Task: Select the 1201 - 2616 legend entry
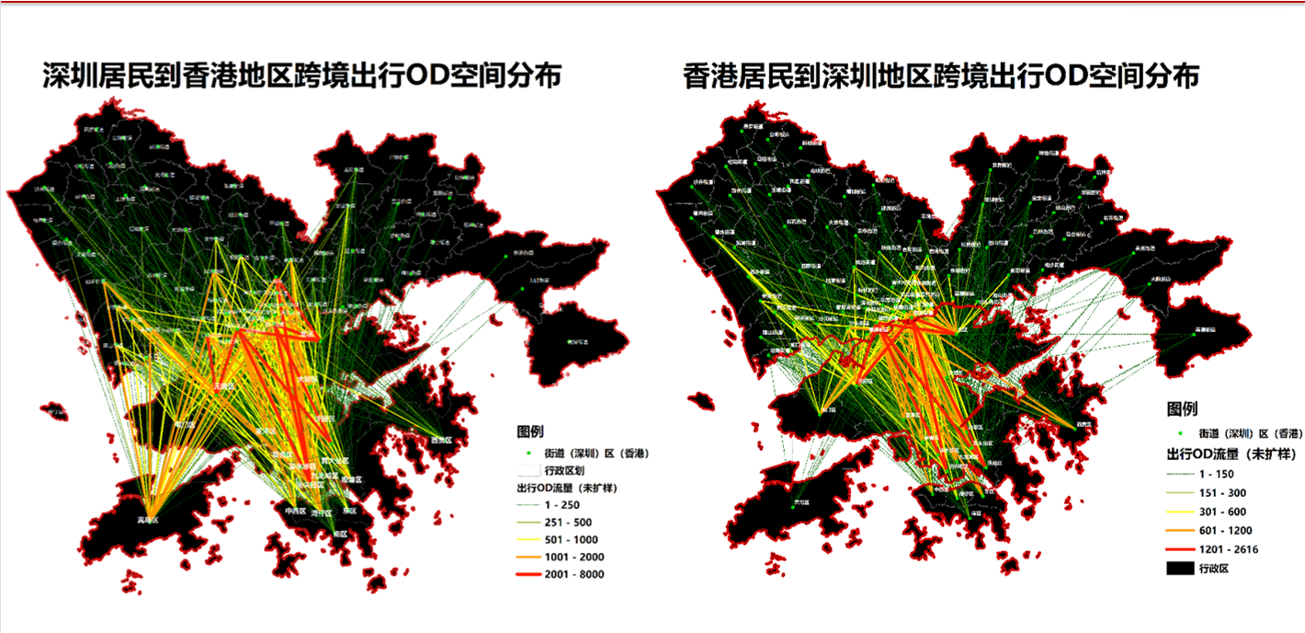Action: pyautogui.click(x=1228, y=549)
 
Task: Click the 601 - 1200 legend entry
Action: pyautogui.click(x=1224, y=530)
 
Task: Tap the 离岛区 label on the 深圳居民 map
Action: pyautogui.click(x=148, y=520)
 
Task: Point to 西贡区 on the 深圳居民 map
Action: pyautogui.click(x=443, y=441)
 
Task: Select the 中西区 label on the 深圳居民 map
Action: pyautogui.click(x=296, y=512)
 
